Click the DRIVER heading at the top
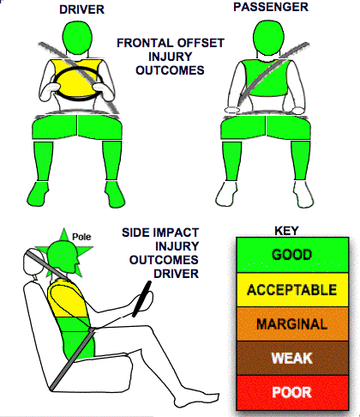click(x=81, y=9)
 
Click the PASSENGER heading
click(x=271, y=7)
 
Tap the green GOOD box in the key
click(x=292, y=255)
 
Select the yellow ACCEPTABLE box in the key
click(x=292, y=290)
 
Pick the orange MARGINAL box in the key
click(x=292, y=324)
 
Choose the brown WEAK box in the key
click(x=292, y=358)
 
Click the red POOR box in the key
click(x=292, y=392)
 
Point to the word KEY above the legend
click(x=286, y=231)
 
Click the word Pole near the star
click(x=81, y=237)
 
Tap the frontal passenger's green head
click(x=269, y=36)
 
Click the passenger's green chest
click(x=265, y=78)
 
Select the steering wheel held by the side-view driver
click(x=141, y=299)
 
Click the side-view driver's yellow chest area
click(x=66, y=299)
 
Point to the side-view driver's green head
click(x=62, y=255)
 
